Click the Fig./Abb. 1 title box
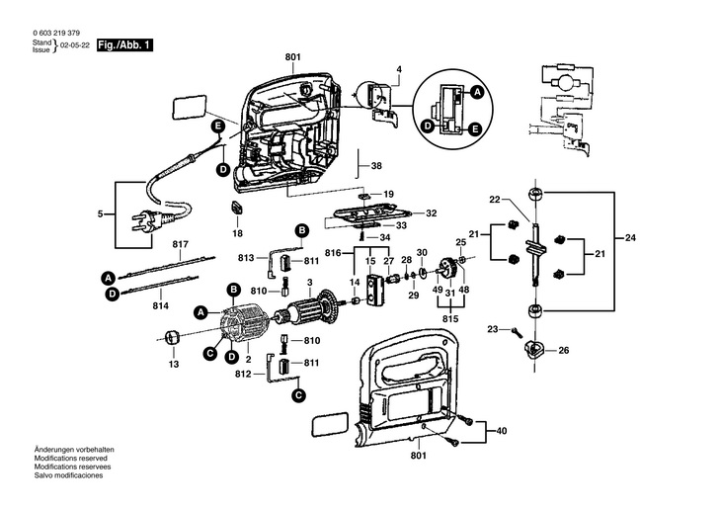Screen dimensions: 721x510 coord(124,45)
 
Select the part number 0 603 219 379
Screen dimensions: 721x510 coord(56,34)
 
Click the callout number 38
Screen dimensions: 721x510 coord(376,166)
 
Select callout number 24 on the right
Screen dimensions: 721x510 coord(630,238)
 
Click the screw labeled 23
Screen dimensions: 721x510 coord(517,331)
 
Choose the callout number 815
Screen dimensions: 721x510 coord(450,319)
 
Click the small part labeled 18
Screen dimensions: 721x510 coord(236,208)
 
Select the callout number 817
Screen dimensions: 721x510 coord(181,244)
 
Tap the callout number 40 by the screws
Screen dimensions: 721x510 coord(501,431)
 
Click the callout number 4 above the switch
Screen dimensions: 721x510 coord(399,69)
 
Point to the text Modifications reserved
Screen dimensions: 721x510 coord(71,459)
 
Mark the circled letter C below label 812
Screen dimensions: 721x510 coord(299,395)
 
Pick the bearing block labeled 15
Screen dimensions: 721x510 coord(373,291)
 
